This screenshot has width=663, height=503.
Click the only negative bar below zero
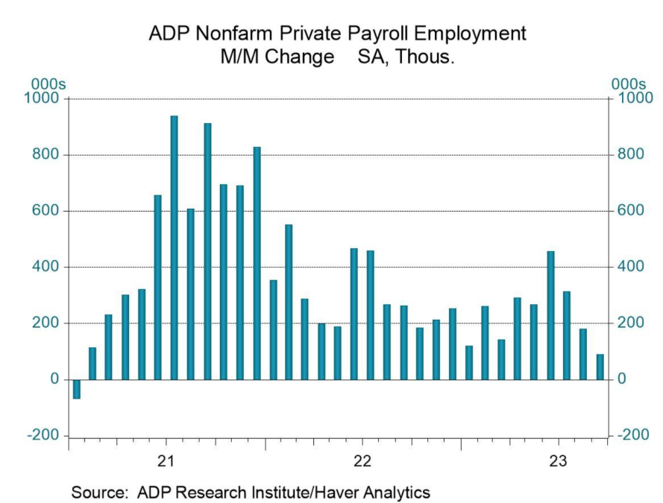[76, 389]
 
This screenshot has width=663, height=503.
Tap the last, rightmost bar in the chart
[600, 367]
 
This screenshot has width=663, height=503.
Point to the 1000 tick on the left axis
[45, 98]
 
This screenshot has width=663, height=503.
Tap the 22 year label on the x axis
[362, 460]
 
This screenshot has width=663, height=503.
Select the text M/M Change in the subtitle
[271, 57]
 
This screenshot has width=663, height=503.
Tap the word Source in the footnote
[97, 493]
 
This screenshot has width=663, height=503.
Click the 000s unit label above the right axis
[628, 85]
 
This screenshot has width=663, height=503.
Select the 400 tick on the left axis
[49, 267]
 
